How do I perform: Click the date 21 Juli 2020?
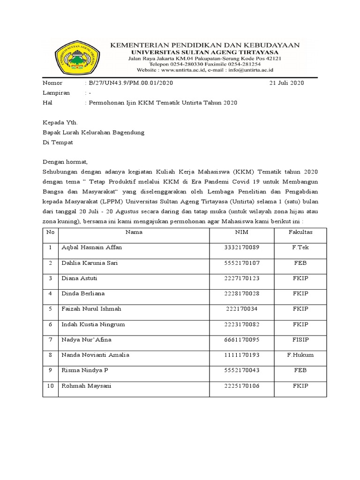286,83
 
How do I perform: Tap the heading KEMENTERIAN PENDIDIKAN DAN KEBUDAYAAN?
204,45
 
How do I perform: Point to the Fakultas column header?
300,232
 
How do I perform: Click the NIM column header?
242,232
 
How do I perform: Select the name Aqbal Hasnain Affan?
92,247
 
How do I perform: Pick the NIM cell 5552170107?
242,263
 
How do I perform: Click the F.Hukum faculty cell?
300,355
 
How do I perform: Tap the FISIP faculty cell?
300,339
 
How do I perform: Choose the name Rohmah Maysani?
86,386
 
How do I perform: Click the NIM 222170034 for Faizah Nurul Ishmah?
242,309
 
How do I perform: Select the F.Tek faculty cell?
300,247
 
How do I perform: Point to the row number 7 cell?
50,339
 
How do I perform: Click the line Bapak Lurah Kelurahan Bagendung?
94,132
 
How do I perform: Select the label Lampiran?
56,93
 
